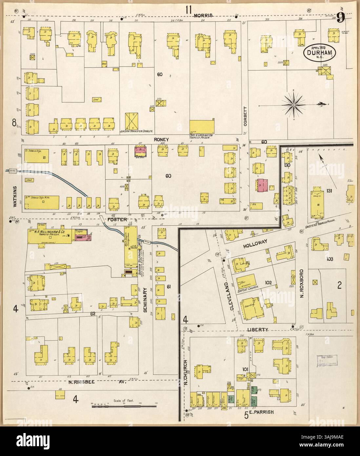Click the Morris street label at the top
[x=203, y=16]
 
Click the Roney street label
[x=162, y=140]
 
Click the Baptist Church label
[x=251, y=287]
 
